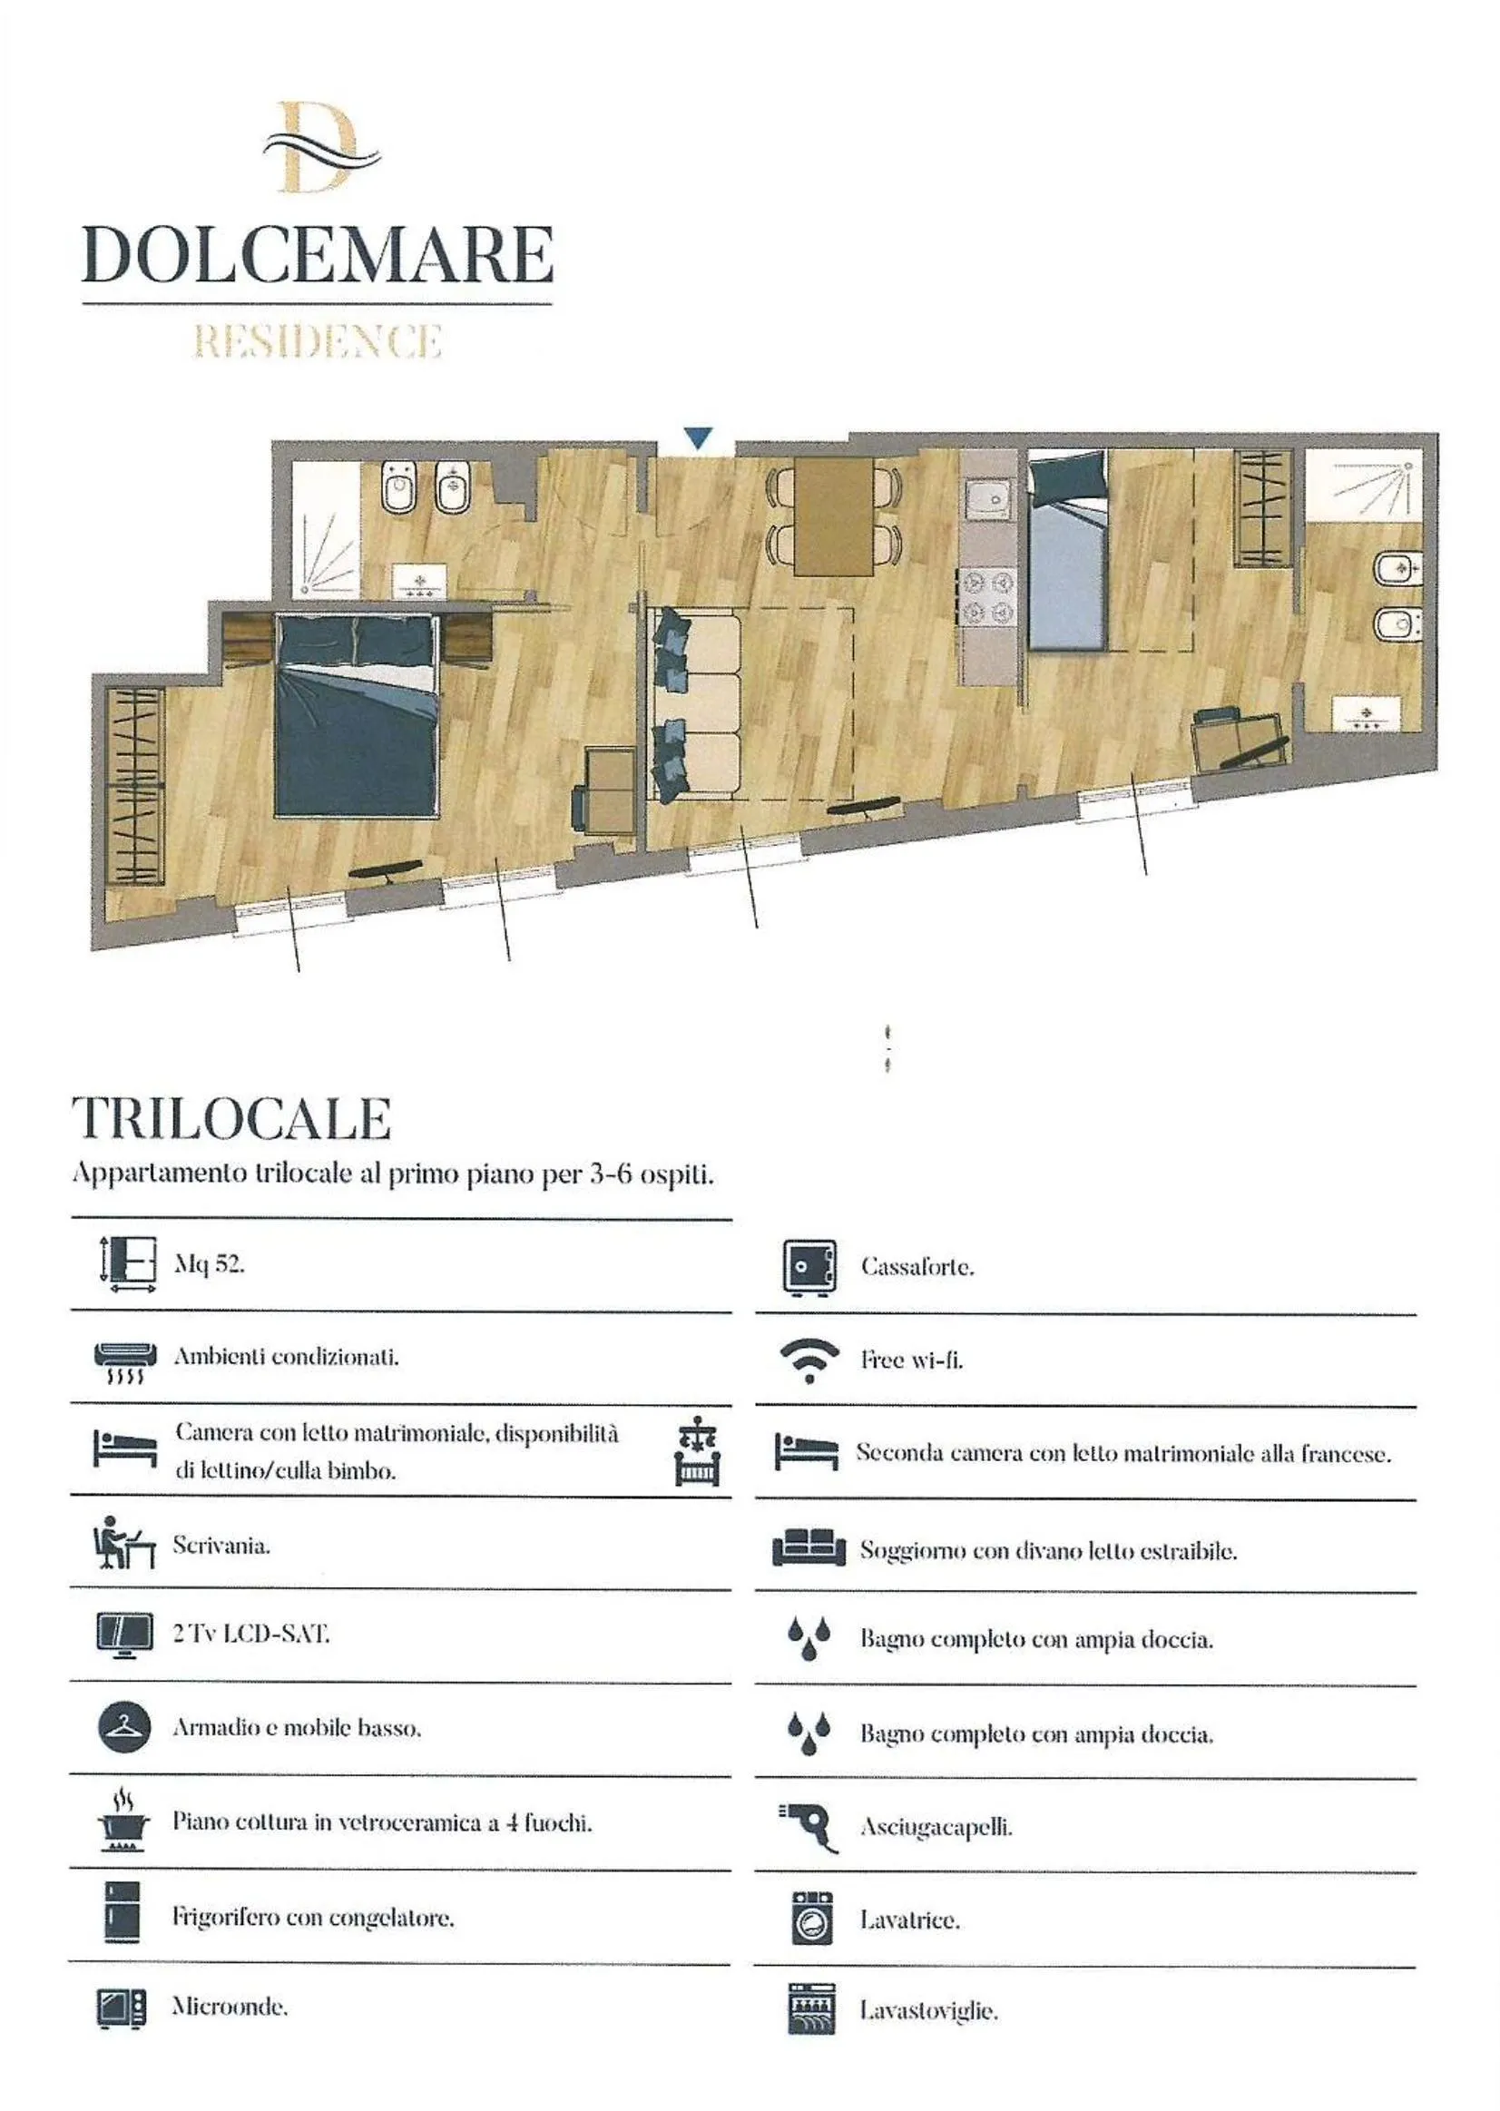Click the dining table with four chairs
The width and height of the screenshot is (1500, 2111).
click(x=833, y=515)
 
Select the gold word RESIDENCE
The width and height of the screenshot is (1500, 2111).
click(x=317, y=342)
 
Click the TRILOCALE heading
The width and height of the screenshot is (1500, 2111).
click(x=231, y=1120)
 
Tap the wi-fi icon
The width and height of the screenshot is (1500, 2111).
click(x=809, y=1360)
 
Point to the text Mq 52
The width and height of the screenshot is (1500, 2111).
click(x=209, y=1265)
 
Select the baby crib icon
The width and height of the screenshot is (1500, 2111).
click(x=697, y=1452)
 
